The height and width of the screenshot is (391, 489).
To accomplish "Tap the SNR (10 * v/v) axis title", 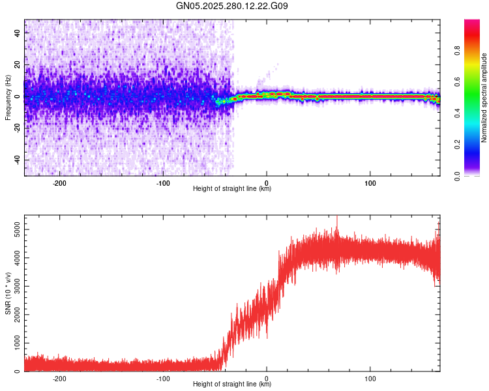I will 8,293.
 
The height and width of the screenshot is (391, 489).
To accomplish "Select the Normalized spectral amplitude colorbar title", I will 484,98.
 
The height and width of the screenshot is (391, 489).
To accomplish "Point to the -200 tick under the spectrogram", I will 60,182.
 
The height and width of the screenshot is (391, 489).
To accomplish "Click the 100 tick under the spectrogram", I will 370,182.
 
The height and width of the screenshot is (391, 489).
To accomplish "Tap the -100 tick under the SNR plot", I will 163,378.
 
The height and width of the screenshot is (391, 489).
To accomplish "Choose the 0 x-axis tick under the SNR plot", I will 267,378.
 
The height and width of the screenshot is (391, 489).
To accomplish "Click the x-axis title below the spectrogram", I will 232,189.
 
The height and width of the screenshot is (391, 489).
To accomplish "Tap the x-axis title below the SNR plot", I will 232,384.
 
